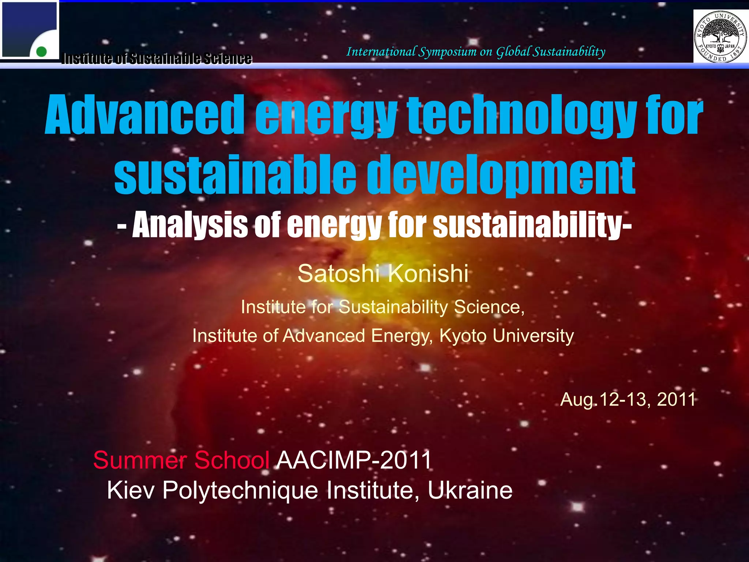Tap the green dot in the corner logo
pos(41,52)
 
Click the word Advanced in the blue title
pos(144,115)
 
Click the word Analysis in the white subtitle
pos(190,225)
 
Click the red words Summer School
pos(181,460)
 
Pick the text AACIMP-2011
pos(354,460)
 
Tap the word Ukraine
pos(470,490)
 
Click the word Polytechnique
pos(240,490)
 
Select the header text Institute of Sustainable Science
pos(157,59)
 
